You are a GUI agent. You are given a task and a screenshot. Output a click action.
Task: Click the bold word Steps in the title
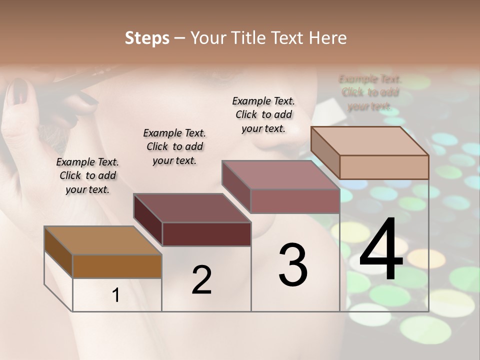[147, 38]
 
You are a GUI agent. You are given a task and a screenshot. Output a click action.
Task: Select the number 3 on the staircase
[292, 265]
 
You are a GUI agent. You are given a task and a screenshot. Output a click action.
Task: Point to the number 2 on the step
[201, 280]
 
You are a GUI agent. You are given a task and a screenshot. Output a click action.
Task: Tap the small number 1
[116, 295]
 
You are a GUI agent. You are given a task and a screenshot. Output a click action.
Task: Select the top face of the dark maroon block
[192, 208]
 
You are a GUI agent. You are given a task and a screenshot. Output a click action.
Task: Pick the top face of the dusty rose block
[280, 175]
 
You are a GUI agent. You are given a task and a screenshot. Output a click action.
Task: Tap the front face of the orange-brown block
[117, 266]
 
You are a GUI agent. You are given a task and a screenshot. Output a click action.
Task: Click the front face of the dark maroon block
[206, 234]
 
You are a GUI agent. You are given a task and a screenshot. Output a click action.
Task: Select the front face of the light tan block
[384, 167]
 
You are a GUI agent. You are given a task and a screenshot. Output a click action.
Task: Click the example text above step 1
[87, 175]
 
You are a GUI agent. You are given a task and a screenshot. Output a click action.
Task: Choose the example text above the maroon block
[174, 146]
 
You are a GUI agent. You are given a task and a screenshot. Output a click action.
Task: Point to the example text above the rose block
[263, 114]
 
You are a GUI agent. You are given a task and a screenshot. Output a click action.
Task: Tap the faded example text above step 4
[370, 92]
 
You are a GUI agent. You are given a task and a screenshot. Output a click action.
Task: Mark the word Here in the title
[328, 38]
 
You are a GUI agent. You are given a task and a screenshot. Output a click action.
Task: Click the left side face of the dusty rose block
[236, 186]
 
